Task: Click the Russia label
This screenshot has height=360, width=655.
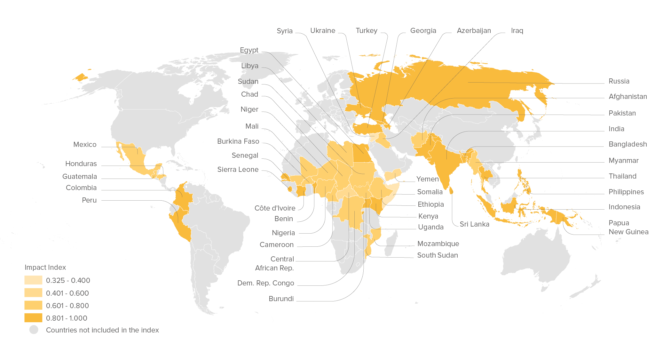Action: [x=619, y=81]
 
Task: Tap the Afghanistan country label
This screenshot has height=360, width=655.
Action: [x=627, y=97]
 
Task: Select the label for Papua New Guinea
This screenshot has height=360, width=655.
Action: [x=628, y=228]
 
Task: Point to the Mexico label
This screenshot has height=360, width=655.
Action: [x=85, y=145]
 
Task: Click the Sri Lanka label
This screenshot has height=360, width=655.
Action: [x=474, y=224]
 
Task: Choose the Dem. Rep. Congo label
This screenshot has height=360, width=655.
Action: [x=265, y=283]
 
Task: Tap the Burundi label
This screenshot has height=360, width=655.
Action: [x=281, y=299]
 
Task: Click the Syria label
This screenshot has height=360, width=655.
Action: [x=284, y=31]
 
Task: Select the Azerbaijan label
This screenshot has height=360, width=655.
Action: [x=474, y=31]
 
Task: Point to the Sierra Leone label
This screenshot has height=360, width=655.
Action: [x=238, y=170]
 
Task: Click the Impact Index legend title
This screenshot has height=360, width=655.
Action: [x=45, y=268]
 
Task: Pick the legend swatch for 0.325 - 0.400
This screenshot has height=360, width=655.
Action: [x=33, y=280]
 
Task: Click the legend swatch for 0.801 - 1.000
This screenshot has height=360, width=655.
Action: [x=33, y=318]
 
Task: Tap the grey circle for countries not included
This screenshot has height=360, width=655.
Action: [x=34, y=330]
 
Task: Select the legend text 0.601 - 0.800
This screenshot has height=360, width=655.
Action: [x=67, y=306]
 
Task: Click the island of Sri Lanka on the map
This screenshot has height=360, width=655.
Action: [x=451, y=191]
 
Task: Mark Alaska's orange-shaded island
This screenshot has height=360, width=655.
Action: [x=80, y=77]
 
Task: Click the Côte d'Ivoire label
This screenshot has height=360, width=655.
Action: [x=275, y=208]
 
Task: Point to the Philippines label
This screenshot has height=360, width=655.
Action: [x=626, y=192]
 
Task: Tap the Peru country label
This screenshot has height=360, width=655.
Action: [x=89, y=200]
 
